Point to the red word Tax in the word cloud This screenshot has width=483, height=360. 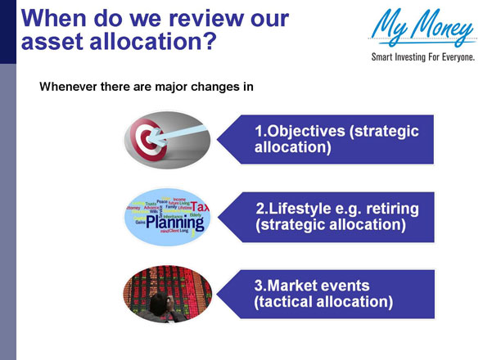tap(201, 208)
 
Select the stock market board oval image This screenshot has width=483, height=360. tap(168, 294)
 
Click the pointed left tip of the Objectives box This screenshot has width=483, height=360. tap(218, 140)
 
